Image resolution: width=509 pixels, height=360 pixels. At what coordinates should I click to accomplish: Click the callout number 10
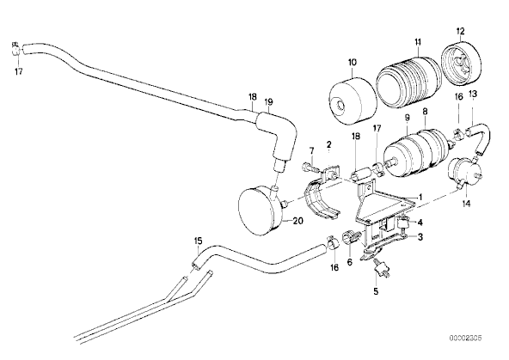pos(353,62)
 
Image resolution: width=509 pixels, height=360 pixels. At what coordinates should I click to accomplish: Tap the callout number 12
pos(460,32)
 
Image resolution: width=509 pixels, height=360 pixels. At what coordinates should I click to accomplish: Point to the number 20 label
pos(297,221)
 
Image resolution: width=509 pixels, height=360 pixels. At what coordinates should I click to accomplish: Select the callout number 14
pos(466,204)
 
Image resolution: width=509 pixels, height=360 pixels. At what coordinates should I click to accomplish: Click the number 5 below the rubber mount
pos(376,291)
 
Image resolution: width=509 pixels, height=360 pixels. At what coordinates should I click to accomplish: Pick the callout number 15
pos(198,241)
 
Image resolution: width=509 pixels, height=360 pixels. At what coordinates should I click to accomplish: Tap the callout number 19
pos(268,102)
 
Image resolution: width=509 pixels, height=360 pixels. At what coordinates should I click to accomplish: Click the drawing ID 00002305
pos(465,338)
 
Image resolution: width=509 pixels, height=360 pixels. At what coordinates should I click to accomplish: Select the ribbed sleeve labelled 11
pos(409,82)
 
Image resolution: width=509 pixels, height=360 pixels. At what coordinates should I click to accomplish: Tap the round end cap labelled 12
pos(461,64)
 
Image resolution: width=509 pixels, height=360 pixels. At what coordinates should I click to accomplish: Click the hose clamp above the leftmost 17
pos(15,49)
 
